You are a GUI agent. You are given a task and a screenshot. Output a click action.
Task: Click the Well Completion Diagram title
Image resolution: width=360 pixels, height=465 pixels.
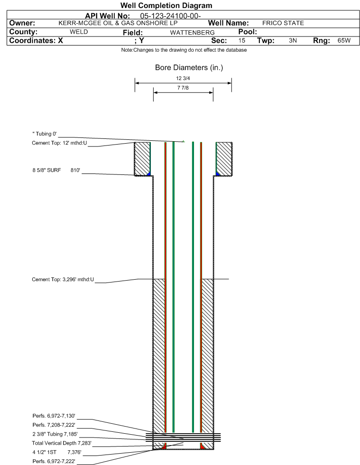tap(166, 5)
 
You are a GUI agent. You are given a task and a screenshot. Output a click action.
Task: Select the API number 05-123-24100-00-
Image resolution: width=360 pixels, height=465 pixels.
tap(170, 16)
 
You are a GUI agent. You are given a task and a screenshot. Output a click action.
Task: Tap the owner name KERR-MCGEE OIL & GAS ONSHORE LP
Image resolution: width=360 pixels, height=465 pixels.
tap(118, 23)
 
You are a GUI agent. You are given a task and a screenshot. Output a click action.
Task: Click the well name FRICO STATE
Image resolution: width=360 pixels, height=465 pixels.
tap(283, 23)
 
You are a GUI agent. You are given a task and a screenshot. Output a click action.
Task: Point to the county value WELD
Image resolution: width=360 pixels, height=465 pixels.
tap(79, 32)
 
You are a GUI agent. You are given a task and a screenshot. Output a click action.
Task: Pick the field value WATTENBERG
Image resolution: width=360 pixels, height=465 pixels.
tap(192, 32)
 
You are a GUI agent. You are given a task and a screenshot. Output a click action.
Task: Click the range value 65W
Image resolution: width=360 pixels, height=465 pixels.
tap(344, 40)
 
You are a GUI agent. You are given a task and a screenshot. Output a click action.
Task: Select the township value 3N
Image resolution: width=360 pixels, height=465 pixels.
tap(293, 40)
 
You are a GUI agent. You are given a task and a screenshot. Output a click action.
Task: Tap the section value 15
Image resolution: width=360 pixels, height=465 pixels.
tap(241, 40)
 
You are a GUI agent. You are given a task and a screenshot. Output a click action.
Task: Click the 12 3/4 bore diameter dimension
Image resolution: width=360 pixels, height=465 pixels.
tap(183, 78)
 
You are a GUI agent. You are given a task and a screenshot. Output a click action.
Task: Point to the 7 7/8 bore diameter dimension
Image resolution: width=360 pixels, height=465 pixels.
tap(183, 88)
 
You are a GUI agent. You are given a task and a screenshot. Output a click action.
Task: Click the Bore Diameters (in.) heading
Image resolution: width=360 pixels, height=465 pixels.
tap(189, 68)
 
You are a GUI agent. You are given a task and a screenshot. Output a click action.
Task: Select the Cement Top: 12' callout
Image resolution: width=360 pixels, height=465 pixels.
tap(59, 143)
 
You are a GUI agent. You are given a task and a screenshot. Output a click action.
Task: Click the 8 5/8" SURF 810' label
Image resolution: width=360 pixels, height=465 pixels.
tap(56, 170)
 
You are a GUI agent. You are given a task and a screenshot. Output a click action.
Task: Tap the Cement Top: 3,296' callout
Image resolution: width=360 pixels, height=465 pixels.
tap(63, 279)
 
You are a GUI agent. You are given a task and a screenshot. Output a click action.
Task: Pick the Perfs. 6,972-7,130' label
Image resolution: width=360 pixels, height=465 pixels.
tap(54, 416)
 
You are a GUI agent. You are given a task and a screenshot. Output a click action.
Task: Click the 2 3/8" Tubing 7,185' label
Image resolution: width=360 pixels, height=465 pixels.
tap(55, 434)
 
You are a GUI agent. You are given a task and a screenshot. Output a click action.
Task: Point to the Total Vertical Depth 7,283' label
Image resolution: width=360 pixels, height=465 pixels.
tap(62, 443)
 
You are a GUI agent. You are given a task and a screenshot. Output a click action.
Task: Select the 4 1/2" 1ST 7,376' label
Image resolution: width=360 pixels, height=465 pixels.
tap(57, 452)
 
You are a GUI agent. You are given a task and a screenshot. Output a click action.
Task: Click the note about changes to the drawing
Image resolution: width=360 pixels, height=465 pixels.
tap(184, 50)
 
